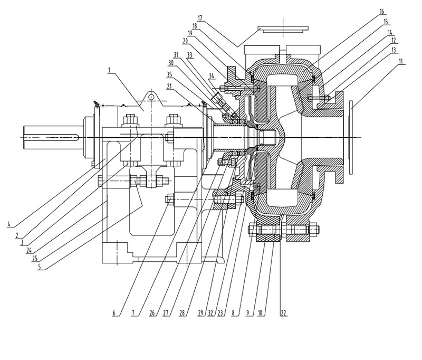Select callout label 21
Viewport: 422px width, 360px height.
[169, 86]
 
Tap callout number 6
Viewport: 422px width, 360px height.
[113, 312]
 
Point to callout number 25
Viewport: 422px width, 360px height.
[35, 259]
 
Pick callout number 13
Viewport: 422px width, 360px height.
[394, 49]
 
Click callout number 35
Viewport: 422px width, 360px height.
[169, 74]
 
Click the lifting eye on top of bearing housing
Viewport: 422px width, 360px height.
[151, 97]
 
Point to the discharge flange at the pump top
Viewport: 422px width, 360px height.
[283, 27]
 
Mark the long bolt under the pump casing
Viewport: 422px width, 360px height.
[283, 230]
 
